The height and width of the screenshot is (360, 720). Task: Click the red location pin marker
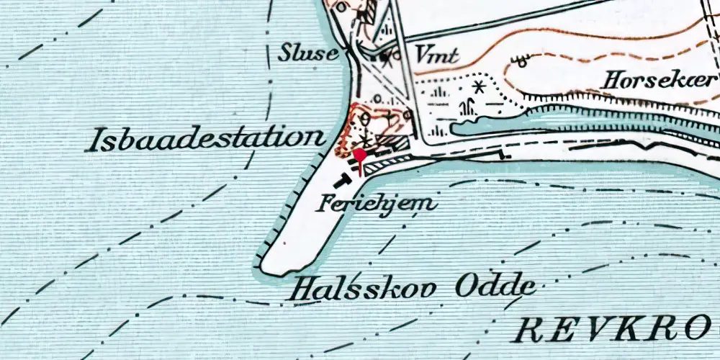(359, 156)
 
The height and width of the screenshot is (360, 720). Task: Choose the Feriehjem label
(377, 203)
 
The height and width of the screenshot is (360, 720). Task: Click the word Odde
(495, 287)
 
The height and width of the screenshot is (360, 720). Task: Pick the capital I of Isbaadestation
(92, 141)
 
